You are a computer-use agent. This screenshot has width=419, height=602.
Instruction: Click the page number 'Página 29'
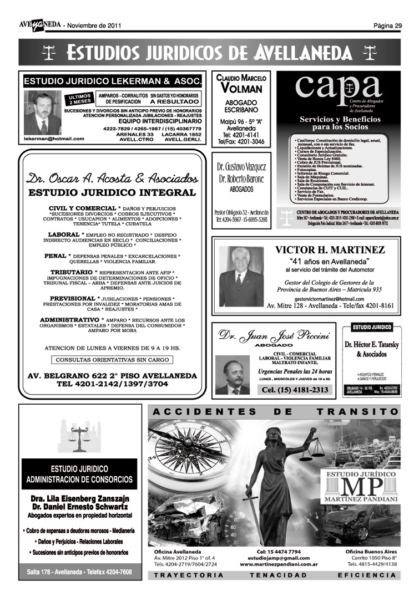[387, 25]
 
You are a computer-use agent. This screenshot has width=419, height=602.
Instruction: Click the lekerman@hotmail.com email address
[54, 139]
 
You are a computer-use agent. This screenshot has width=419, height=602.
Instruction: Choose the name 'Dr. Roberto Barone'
[241, 179]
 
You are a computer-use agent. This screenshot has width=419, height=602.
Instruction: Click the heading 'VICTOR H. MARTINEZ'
[330, 251]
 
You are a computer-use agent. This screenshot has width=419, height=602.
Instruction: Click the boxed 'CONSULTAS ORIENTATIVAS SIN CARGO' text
[112, 360]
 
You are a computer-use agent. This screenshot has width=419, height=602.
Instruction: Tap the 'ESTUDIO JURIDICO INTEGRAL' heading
[112, 193]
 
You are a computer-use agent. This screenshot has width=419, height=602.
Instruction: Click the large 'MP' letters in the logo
[362, 488]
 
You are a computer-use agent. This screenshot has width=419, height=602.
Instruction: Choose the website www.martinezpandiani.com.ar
[279, 564]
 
